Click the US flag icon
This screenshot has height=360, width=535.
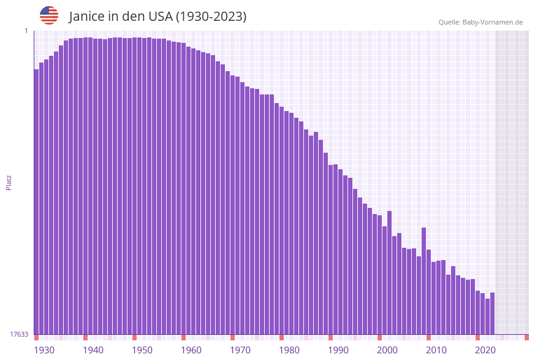click(x=49, y=15)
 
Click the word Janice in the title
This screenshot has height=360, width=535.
click(x=87, y=17)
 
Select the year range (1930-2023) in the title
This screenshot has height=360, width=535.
click(x=211, y=17)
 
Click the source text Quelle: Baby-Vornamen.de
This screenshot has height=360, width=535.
click(x=480, y=22)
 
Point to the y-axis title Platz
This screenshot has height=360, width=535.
click(x=9, y=182)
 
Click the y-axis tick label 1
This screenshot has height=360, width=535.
click(x=26, y=31)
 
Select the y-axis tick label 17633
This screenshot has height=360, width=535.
click(x=19, y=334)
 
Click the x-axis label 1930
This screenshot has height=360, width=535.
click(x=44, y=350)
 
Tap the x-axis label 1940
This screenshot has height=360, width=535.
click(x=93, y=350)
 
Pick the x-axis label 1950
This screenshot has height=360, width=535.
click(x=142, y=350)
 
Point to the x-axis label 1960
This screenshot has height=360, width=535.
click(x=191, y=350)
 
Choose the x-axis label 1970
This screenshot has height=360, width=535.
click(x=240, y=350)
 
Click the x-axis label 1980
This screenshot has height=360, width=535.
click(x=289, y=350)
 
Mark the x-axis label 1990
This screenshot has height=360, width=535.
click(x=338, y=350)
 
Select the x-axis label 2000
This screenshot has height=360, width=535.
click(x=387, y=350)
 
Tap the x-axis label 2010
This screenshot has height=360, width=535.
click(x=436, y=350)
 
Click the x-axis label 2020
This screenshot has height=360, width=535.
click(x=485, y=350)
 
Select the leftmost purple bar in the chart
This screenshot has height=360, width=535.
click(x=36, y=202)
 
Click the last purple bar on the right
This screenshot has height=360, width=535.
click(x=492, y=313)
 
